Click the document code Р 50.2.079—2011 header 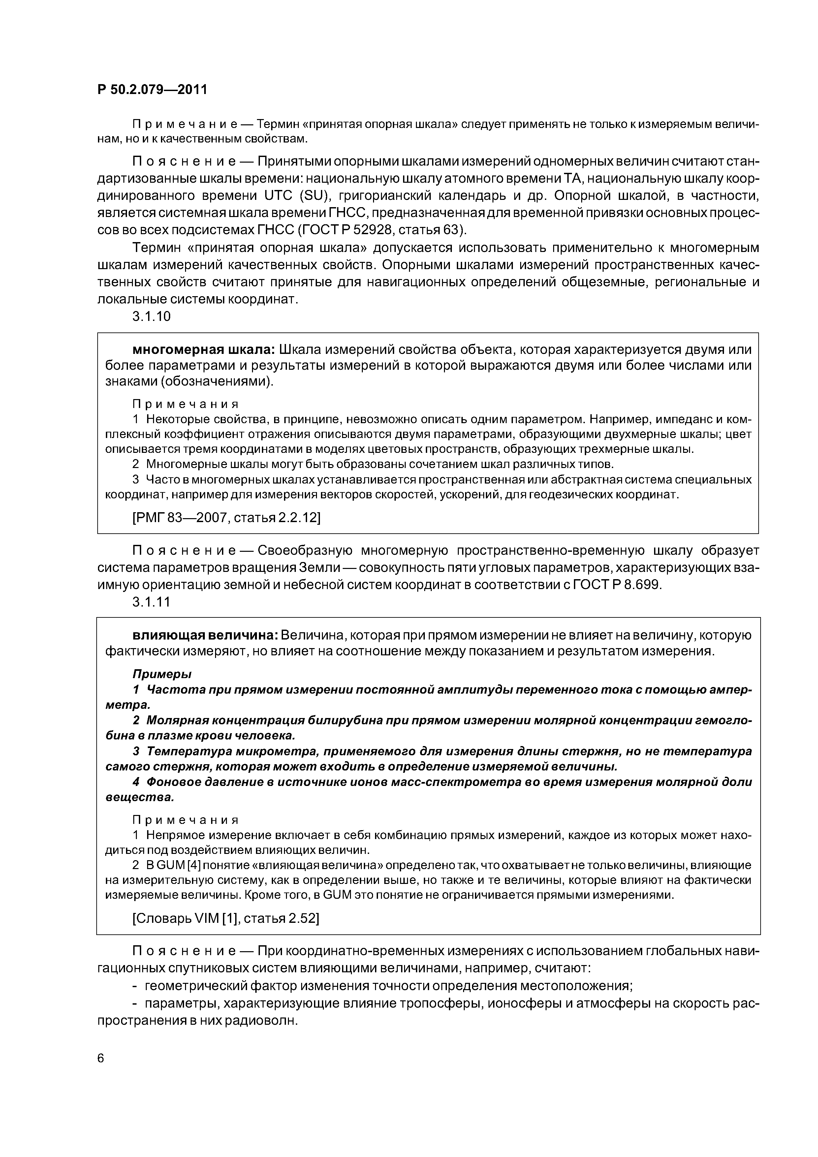[x=152, y=90]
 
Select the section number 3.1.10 [x=151, y=317]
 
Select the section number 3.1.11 [x=151, y=602]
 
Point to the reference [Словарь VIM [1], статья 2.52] [x=225, y=919]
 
